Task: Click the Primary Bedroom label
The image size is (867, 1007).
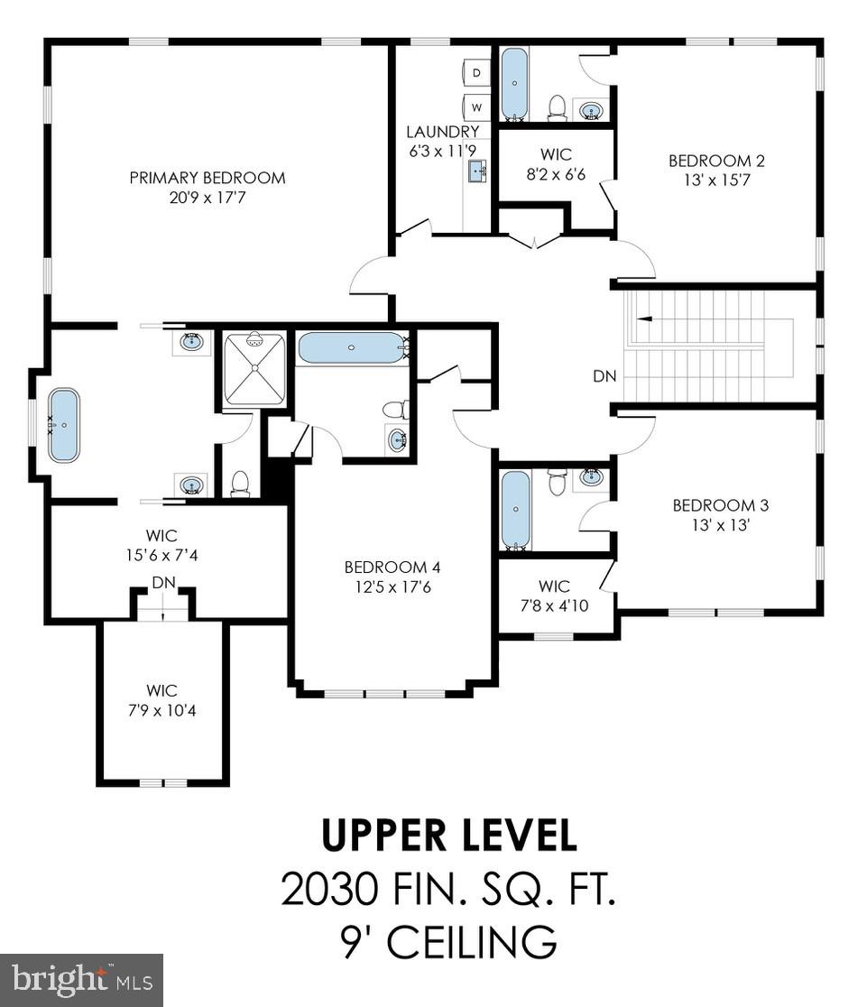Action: coord(208,178)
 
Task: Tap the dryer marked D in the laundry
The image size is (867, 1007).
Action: coord(476,72)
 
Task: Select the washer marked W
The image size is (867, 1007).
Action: coord(476,107)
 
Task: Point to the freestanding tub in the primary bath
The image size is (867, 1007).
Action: coord(64,425)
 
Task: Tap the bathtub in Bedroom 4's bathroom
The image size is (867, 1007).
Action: coord(351,347)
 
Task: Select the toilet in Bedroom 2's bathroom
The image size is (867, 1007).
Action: coord(556,108)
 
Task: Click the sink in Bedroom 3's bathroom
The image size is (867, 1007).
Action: coord(591,477)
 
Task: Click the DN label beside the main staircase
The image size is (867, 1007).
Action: coord(604,376)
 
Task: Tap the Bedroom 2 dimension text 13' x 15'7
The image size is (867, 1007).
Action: coord(716,180)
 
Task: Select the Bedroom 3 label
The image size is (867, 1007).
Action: coord(721,505)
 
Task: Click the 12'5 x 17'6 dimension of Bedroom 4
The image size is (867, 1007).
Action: coord(392,587)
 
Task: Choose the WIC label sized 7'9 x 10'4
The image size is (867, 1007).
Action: coord(161,690)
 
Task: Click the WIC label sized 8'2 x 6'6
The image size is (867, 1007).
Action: coord(556,154)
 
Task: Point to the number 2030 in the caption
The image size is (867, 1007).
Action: coord(328,890)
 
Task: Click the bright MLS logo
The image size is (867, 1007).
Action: coord(81,980)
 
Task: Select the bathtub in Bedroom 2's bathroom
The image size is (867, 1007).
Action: coord(514,84)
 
